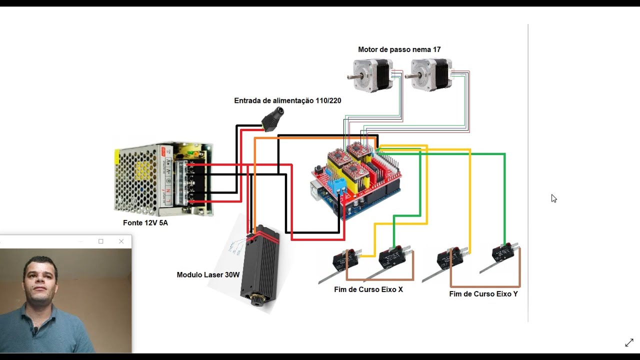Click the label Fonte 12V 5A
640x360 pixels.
(145, 223)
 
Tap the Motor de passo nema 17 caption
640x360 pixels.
(399, 49)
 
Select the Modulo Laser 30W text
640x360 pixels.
(208, 275)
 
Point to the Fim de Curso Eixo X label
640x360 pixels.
(368, 289)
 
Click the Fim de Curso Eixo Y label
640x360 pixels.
(483, 294)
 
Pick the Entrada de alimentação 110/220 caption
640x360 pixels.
(287, 100)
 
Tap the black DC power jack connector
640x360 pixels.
(273, 118)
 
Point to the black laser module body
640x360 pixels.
(259, 265)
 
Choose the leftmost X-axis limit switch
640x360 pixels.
(346, 260)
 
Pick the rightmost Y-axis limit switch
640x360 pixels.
(503, 253)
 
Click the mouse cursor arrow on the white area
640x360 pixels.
(553, 198)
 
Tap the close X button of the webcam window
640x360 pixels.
(121, 241)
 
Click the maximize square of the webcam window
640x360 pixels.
(101, 241)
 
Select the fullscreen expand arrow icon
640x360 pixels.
(629, 342)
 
